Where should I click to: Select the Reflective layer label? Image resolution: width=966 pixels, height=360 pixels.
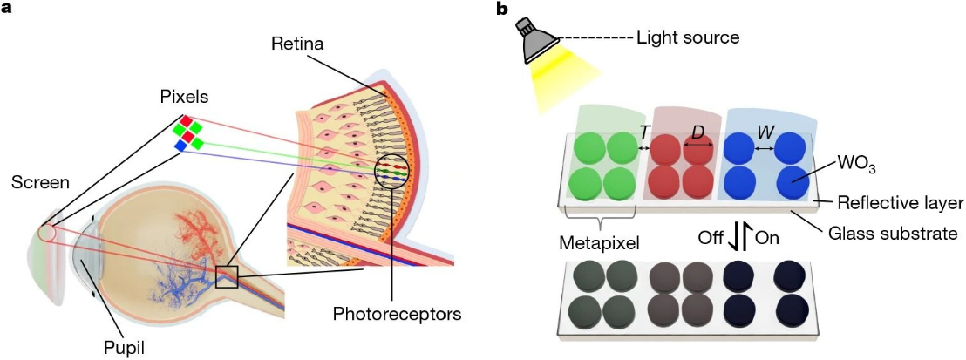pos(899,203)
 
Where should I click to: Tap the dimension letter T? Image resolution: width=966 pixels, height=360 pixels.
pos(645,132)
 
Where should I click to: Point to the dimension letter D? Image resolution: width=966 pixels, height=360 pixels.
pos(697,132)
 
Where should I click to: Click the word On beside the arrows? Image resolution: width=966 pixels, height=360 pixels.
pos(767,237)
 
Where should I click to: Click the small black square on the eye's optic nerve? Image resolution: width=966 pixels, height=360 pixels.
pos(227,276)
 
